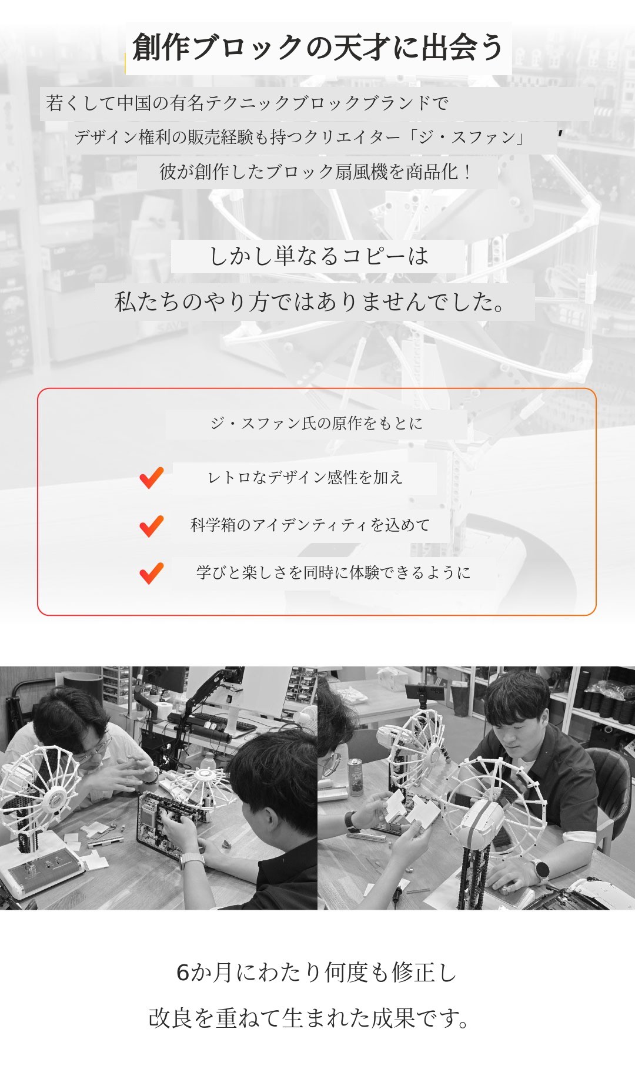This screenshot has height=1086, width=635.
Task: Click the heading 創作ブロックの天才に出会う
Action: [x=318, y=48]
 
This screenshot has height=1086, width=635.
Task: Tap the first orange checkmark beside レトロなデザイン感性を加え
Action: [x=151, y=478]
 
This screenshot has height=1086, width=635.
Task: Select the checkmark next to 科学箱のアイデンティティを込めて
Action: [x=151, y=526]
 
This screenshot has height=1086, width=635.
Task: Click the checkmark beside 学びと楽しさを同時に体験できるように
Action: [x=151, y=574]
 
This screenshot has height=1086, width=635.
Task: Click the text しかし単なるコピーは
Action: [x=319, y=256]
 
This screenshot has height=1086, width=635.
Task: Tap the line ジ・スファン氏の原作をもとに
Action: [x=316, y=423]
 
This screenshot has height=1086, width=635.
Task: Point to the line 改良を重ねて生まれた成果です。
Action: [x=309, y=1018]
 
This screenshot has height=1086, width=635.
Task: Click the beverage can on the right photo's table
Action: [x=356, y=777]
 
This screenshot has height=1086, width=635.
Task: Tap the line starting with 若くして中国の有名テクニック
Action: [x=248, y=103]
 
